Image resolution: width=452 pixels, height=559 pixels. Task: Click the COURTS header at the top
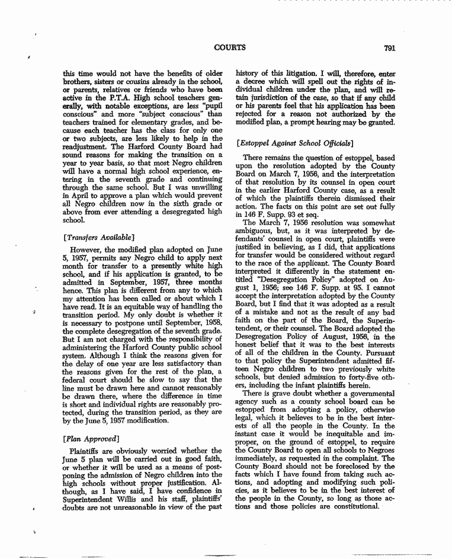(230, 47)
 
